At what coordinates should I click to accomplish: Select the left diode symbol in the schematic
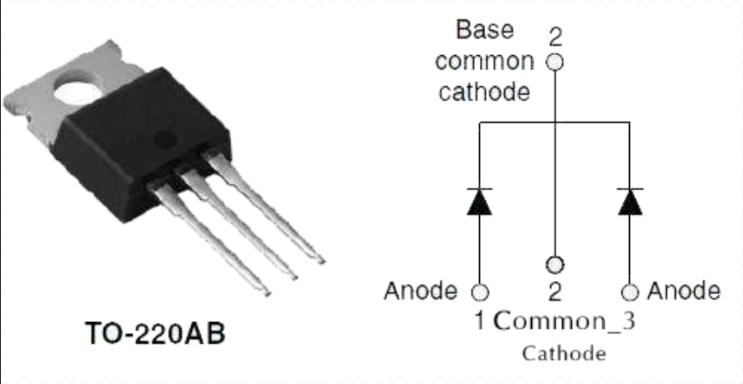tap(479, 202)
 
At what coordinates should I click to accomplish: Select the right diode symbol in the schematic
tap(629, 202)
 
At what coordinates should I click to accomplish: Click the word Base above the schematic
tap(485, 30)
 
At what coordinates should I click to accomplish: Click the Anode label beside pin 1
tap(421, 291)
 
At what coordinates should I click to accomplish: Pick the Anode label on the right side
tap(684, 290)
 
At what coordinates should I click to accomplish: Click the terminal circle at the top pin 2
tap(554, 62)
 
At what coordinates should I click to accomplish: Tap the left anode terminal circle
tap(479, 293)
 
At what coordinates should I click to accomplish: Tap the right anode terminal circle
tap(629, 292)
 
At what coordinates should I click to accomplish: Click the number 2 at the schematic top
tap(555, 37)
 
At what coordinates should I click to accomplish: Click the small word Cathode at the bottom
tap(563, 353)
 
